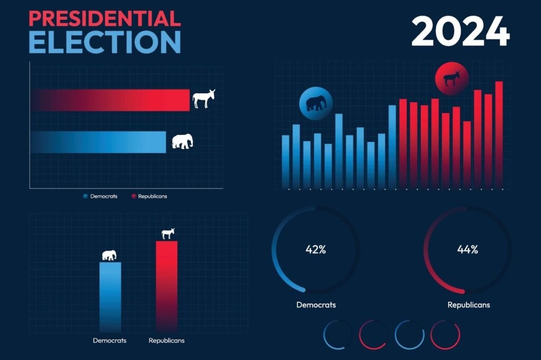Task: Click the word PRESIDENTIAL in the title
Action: coord(105,18)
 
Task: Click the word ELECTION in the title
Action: coord(105,42)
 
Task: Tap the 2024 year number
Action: coord(460,32)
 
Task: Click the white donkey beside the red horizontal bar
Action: coord(203,99)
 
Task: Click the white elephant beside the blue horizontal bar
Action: coord(182,141)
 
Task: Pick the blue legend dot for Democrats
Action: coord(85,196)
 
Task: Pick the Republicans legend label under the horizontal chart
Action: coord(152,196)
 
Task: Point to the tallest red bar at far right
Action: coord(499,135)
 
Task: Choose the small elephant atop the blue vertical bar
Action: coord(109,255)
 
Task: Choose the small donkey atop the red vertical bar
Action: coord(168,233)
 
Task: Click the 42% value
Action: coord(316,250)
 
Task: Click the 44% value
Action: coord(468,250)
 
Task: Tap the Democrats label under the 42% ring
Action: coord(316,305)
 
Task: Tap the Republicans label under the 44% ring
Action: coord(469,305)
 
